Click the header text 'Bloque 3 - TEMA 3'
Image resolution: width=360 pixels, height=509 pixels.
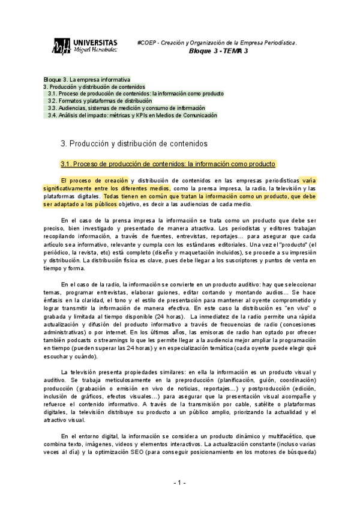(x=218, y=52)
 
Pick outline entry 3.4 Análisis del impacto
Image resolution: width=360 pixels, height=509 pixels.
(x=133, y=115)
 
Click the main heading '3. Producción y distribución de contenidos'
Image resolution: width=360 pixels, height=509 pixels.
(x=134, y=144)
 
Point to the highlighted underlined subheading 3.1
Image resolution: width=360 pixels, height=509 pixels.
(x=168, y=164)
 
